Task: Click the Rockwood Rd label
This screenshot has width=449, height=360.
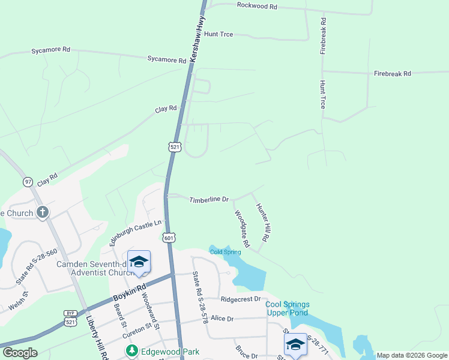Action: tap(257, 6)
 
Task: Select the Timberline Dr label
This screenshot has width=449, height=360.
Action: tap(209, 199)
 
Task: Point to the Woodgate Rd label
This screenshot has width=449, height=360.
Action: tap(242, 229)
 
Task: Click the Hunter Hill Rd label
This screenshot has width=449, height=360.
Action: tap(263, 223)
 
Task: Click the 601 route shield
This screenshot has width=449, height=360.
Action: tap(169, 238)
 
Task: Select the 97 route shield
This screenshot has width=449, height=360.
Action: tap(28, 182)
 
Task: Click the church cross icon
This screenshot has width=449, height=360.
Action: tap(42, 212)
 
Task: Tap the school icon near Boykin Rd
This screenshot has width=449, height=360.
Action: tap(139, 262)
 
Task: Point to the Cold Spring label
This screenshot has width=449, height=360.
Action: tap(225, 252)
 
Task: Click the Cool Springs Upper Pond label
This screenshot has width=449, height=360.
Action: tap(287, 308)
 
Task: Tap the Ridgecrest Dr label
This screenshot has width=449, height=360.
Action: tap(241, 299)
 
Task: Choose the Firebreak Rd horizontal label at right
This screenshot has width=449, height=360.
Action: tap(392, 73)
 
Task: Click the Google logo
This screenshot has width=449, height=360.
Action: tap(20, 353)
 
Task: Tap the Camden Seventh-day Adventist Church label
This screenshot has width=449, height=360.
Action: tap(94, 268)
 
